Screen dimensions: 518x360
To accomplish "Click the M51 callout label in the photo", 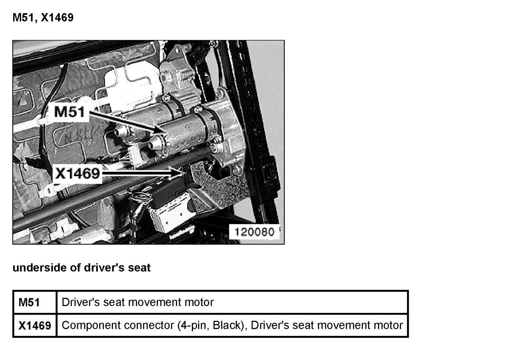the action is coord(69,111).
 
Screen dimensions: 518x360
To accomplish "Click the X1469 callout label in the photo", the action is coord(77,173).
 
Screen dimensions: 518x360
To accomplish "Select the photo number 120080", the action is coord(254,232).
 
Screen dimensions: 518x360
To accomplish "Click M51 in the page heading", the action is coord(23,18).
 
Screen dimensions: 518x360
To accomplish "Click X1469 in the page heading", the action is coord(57,18).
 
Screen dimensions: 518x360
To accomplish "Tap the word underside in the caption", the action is coord(40,268).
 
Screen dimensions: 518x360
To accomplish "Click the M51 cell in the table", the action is coord(29,303).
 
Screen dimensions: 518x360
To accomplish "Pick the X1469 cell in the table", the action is coord(35,326).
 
